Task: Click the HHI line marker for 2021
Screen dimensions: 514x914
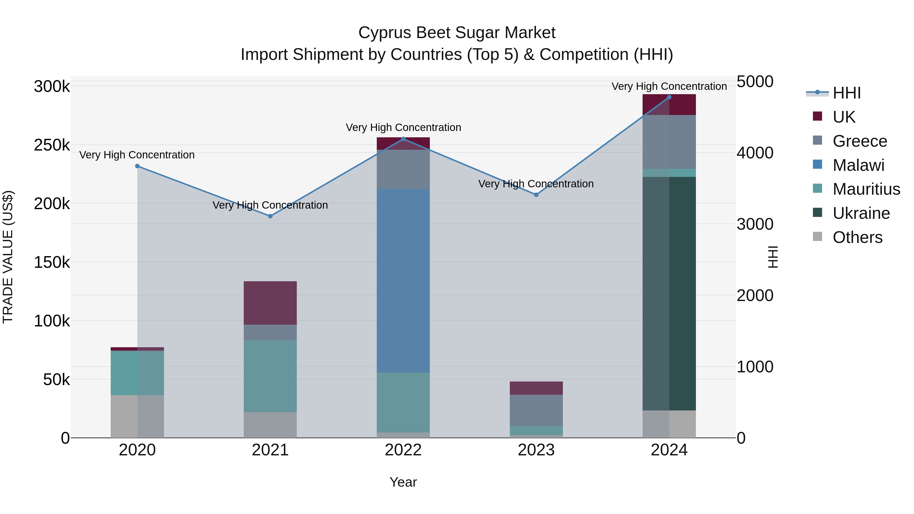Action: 270,216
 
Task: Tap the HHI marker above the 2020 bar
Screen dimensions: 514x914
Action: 137,166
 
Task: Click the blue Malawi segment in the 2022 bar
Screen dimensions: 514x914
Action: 403,280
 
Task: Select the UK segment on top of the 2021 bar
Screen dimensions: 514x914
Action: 270,303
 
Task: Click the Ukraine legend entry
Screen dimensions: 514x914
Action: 861,213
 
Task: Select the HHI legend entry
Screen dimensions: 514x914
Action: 846,93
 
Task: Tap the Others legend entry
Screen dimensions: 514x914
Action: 857,237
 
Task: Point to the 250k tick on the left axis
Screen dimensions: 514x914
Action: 52,145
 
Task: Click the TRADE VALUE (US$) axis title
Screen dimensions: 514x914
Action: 8,257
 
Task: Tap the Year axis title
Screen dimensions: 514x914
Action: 403,482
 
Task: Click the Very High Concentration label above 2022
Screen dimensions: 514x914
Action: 403,127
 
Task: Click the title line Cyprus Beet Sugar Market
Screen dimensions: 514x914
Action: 457,33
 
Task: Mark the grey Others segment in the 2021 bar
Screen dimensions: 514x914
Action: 270,425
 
